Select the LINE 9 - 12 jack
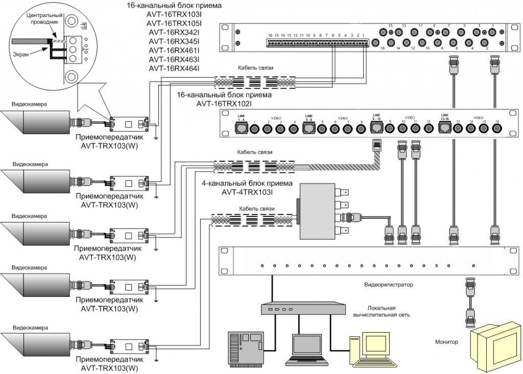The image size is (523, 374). [x=377, y=128]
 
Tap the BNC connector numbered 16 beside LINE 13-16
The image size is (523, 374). [x=495, y=128]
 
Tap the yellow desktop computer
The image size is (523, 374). [x=366, y=350]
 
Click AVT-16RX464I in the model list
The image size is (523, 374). [x=174, y=68]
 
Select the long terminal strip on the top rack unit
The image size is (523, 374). [x=317, y=43]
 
